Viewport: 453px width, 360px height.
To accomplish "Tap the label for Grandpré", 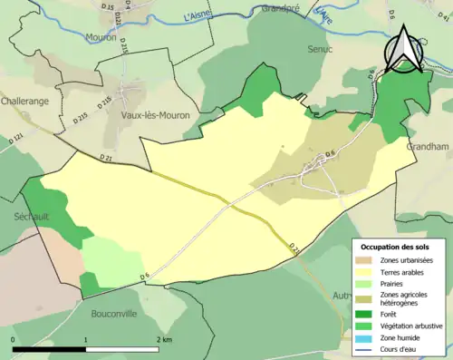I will [x=280, y=8].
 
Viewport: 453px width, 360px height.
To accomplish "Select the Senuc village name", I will [x=321, y=48].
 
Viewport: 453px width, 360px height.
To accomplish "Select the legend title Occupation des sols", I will [x=395, y=247].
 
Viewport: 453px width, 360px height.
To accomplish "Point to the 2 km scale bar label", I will [x=165, y=338].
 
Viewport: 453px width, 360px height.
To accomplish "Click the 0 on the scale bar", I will [x=13, y=338].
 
